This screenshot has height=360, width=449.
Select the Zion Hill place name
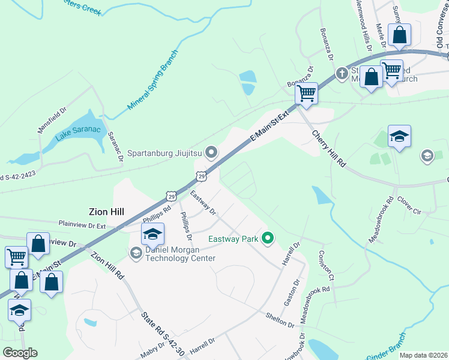tap(106, 211)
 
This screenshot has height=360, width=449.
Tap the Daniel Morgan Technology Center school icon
tap(152, 233)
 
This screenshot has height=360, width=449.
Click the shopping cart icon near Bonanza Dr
tap(307, 93)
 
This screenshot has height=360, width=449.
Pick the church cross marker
tap(342, 74)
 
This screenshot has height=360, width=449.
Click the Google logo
tap(20, 352)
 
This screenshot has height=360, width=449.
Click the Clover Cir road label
tap(410, 208)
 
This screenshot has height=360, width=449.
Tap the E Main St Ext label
tap(270, 127)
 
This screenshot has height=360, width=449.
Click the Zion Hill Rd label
tap(107, 266)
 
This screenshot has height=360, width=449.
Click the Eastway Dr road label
tap(202, 202)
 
